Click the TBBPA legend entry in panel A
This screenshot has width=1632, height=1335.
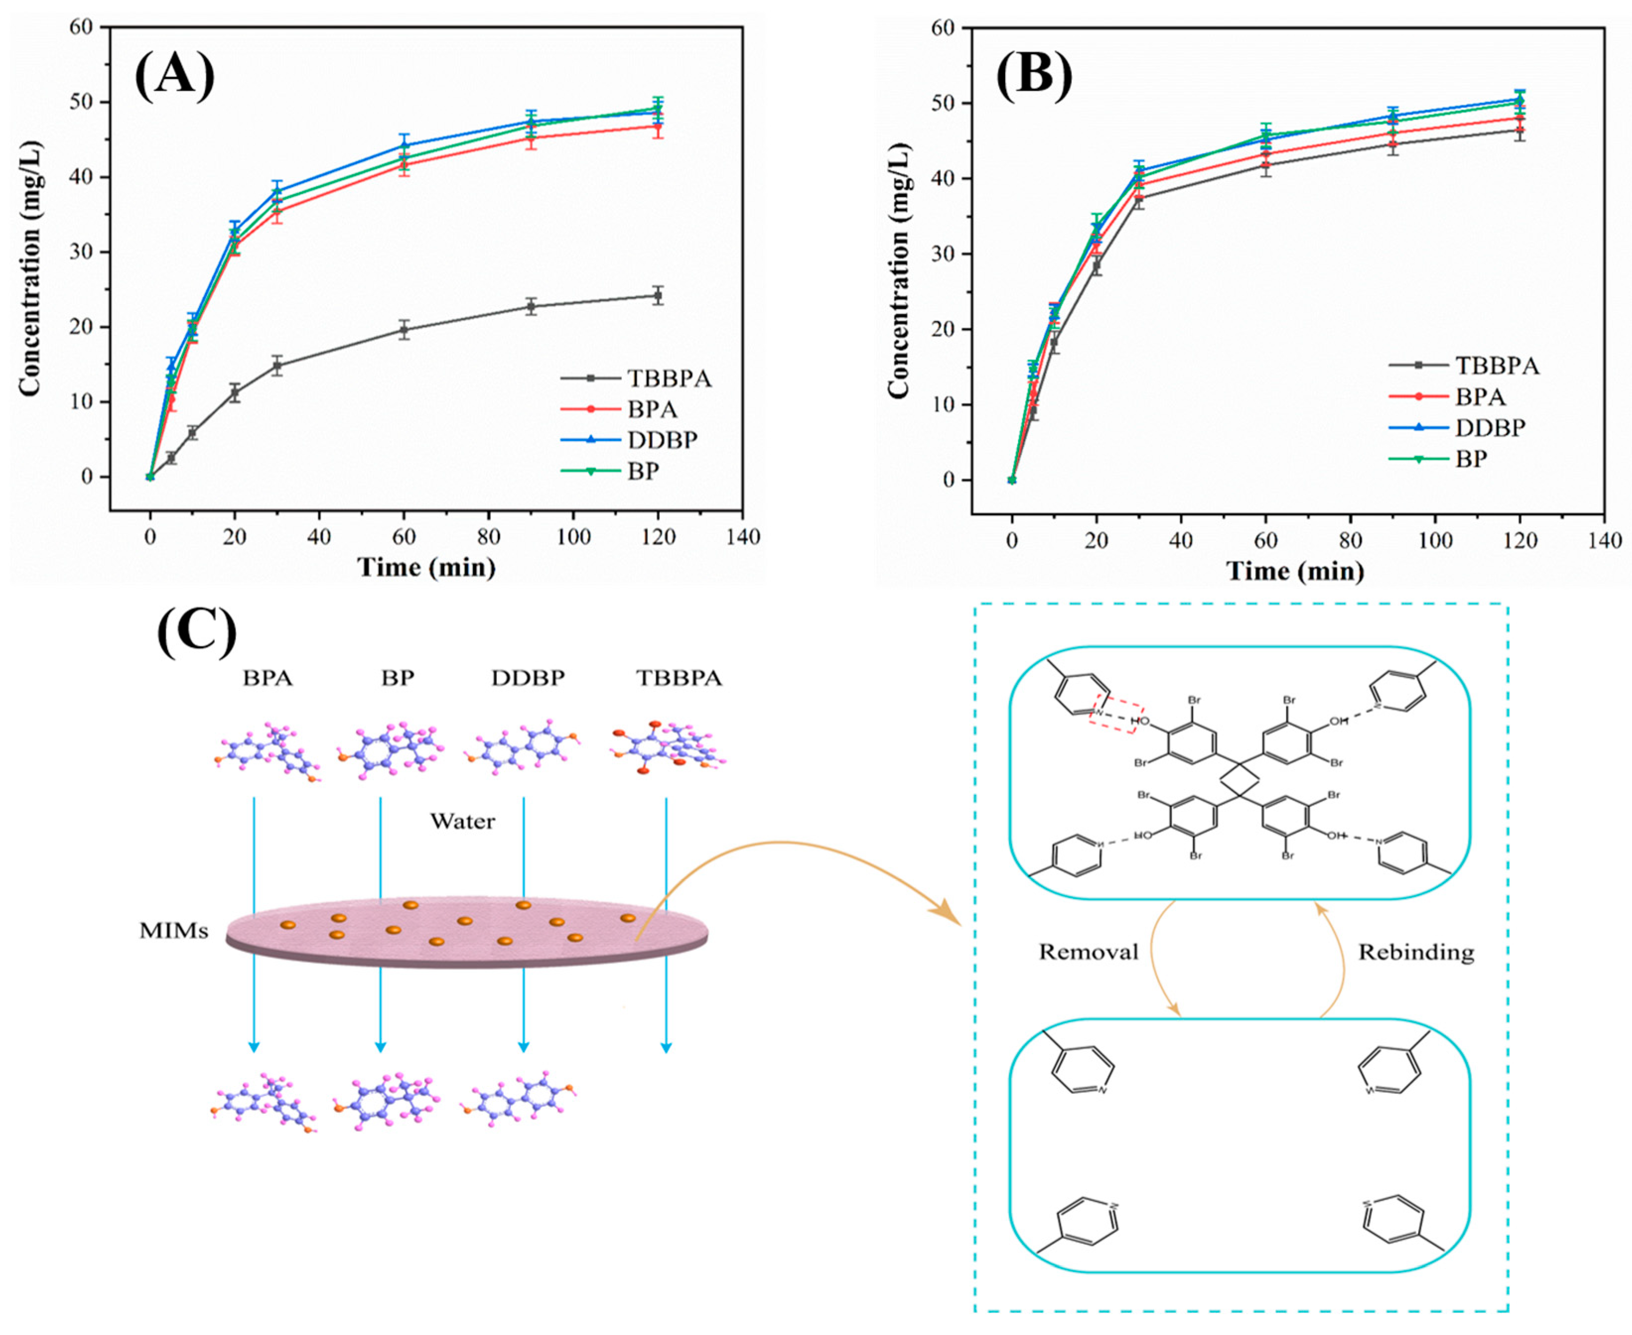click(668, 379)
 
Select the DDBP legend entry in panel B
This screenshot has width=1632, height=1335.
click(1489, 428)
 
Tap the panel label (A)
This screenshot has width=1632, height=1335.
click(175, 76)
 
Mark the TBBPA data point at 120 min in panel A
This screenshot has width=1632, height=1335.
click(658, 295)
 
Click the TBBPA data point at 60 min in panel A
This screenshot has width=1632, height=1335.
click(404, 330)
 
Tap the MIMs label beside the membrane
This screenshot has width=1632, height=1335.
click(173, 931)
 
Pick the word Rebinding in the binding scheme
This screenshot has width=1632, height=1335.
click(1415, 952)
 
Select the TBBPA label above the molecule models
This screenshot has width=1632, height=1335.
click(679, 678)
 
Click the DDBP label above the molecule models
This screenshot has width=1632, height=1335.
click(528, 678)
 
